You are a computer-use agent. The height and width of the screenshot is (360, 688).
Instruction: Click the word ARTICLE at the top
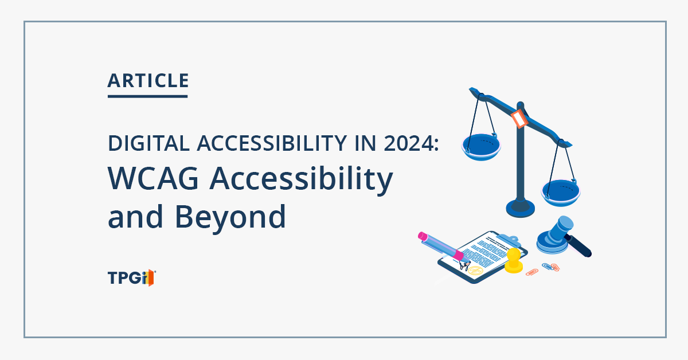[x=148, y=81]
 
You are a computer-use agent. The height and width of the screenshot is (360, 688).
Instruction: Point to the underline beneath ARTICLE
[x=147, y=96]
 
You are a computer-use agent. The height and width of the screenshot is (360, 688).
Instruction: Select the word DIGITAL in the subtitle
[x=148, y=143]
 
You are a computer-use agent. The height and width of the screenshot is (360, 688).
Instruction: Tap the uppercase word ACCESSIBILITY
[x=272, y=143]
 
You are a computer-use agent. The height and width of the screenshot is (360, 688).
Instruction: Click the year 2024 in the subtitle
[x=409, y=143]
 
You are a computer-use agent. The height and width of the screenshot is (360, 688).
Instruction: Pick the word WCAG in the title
[x=153, y=178]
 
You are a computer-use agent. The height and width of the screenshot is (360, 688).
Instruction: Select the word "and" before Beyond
[x=135, y=217]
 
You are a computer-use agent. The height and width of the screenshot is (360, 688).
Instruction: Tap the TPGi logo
[x=131, y=278]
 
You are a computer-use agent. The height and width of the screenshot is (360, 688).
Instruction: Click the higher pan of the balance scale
[x=481, y=147]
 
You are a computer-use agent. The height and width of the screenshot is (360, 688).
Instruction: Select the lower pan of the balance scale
[x=561, y=193]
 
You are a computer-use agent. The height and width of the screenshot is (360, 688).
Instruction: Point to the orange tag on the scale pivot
[x=519, y=118]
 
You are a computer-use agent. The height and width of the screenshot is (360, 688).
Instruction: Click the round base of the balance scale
[x=521, y=208]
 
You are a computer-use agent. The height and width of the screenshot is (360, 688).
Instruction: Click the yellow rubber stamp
[x=514, y=260]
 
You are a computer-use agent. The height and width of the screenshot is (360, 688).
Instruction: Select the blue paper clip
[x=548, y=267]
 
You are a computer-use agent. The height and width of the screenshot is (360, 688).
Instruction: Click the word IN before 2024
[x=366, y=143]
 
